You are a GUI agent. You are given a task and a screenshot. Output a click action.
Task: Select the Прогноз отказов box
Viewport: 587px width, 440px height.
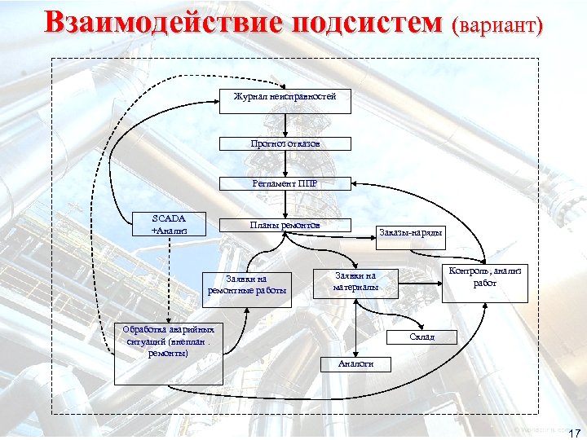coord(285,143)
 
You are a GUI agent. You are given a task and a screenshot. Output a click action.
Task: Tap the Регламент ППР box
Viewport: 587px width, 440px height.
coord(285,183)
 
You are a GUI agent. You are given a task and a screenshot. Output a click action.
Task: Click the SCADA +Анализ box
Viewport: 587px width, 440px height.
coord(169,224)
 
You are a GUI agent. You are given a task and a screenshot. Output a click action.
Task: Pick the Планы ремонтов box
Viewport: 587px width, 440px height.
coord(285,225)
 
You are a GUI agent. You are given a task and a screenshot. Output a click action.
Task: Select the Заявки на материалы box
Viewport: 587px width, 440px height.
coord(355,281)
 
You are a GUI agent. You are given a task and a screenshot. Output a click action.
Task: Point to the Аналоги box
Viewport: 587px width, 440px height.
coord(355,363)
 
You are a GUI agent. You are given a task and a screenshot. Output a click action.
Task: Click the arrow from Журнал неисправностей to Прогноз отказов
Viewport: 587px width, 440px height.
coord(285,125)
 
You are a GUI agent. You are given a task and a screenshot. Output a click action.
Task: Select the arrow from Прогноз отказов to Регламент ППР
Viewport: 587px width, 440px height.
coord(285,164)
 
